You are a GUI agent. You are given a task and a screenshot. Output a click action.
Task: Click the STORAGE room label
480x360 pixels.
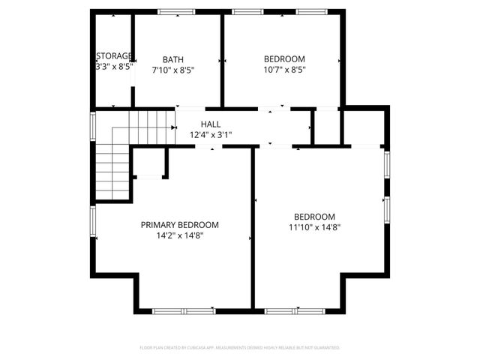point(114,55)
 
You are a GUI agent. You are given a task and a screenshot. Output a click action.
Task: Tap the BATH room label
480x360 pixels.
point(173,59)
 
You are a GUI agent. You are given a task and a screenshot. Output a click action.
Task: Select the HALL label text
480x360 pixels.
point(210,124)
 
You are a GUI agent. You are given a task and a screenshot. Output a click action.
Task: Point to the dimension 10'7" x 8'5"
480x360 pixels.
point(284,70)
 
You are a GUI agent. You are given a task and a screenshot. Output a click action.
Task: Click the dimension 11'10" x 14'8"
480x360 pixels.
point(314,227)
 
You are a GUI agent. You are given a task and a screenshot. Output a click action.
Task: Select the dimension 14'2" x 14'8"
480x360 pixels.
point(180,235)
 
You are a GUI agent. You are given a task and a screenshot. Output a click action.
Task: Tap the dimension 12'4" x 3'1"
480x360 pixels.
point(210,135)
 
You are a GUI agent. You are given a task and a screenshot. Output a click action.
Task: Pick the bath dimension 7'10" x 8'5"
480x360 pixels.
point(173,70)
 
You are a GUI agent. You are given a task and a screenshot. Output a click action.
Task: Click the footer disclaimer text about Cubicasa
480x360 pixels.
point(239,348)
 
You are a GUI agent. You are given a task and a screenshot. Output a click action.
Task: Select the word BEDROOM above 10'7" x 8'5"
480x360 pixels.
point(284,59)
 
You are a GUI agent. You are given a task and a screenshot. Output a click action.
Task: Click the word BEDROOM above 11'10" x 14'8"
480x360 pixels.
point(314,217)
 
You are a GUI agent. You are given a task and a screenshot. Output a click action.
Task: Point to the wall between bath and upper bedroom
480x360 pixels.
point(222,60)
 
